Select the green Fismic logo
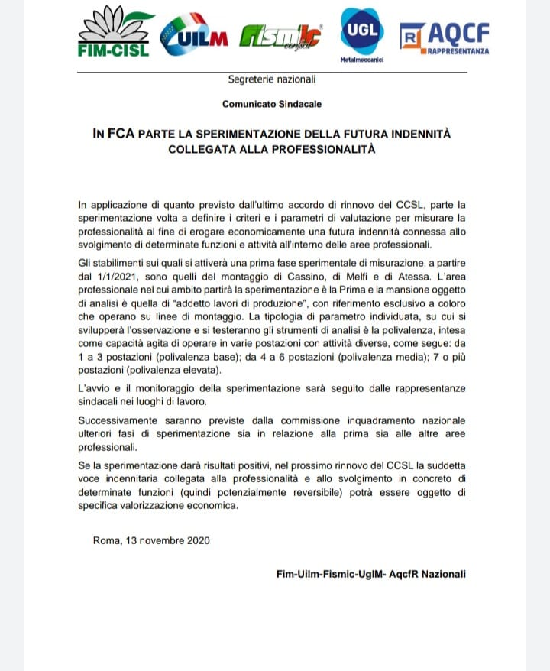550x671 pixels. pos(280,35)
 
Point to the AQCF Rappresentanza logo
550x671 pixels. pos(446,37)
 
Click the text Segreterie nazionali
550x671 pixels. pos(271,79)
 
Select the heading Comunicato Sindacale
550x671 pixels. pos(272,103)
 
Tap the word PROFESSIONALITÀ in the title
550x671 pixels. pos(325,148)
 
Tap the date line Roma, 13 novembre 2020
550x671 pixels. pos(151,540)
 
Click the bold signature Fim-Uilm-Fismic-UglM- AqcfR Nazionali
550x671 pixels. pos(370,574)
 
